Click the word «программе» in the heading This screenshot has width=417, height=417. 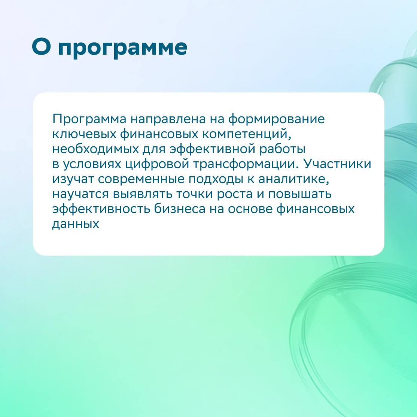pyautogui.click(x=123, y=49)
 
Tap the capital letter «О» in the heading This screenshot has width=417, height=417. pyautogui.click(x=41, y=46)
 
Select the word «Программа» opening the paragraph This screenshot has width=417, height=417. pyautogui.click(x=89, y=119)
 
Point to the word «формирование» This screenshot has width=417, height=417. pyautogui.click(x=276, y=119)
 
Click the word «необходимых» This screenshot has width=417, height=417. pyautogui.click(x=95, y=149)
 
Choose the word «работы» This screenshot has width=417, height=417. pyautogui.click(x=282, y=149)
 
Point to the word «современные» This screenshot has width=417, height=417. pyautogui.click(x=141, y=179)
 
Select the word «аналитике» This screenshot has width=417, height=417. pyautogui.click(x=293, y=179)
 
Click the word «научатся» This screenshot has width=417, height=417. pyautogui.click(x=80, y=194)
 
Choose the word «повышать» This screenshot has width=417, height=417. pyautogui.click(x=300, y=194)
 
